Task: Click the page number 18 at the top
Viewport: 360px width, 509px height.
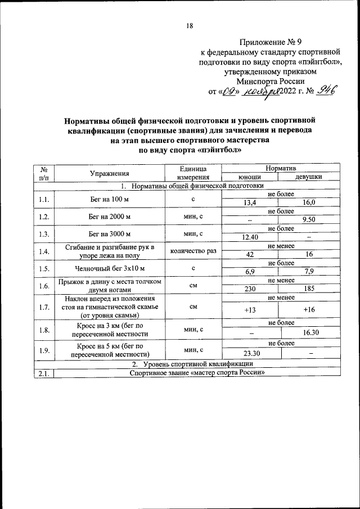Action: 190,26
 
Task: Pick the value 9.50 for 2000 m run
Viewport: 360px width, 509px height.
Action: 308,220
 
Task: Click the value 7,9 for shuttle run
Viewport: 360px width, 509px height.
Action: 308,272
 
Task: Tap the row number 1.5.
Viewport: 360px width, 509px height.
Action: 44,268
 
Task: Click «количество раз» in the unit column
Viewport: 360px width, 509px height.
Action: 193,251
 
